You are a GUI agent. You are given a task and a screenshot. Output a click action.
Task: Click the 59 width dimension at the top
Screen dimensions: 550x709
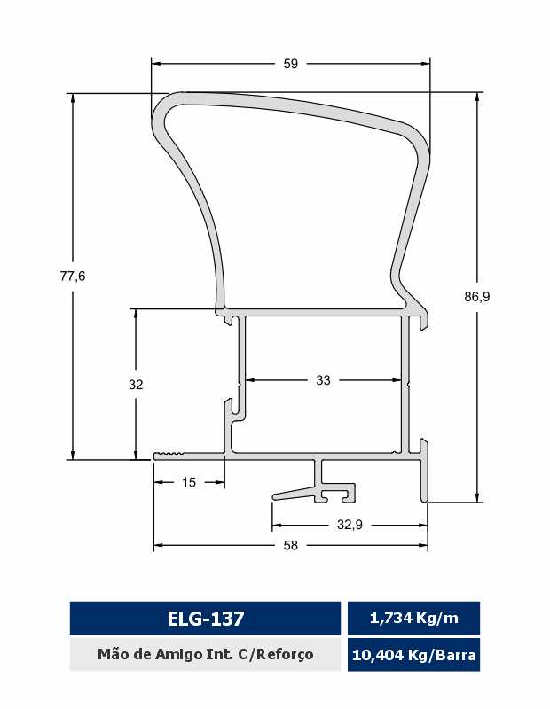[291, 64]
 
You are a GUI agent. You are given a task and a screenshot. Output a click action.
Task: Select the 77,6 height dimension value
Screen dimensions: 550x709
[73, 276]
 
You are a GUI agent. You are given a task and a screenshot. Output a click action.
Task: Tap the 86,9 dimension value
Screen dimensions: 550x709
[477, 297]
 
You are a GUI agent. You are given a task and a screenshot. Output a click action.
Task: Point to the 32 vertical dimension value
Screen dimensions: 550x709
[136, 385]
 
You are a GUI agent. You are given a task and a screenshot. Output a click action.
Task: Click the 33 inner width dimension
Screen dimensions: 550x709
[323, 380]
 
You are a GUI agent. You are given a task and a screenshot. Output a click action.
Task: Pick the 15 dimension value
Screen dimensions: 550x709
[189, 482]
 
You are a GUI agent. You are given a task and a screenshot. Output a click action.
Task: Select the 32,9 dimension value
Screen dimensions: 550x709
[350, 525]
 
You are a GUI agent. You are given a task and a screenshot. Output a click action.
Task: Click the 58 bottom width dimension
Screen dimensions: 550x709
[291, 545]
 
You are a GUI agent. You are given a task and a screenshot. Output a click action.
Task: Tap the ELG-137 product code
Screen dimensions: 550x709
[206, 619]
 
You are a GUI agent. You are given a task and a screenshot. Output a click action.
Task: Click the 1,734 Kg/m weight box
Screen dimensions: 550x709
[413, 618]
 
